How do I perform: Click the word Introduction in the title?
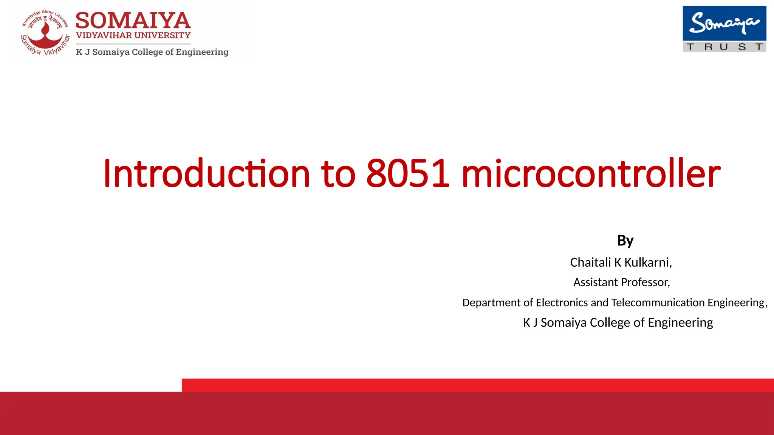click(206, 173)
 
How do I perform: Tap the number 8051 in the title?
click(408, 173)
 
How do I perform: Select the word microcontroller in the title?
click(591, 173)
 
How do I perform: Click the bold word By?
click(625, 241)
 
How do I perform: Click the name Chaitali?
click(590, 262)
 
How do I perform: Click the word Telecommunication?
click(658, 302)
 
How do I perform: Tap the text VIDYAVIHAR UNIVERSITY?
click(133, 35)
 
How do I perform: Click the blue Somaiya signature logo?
click(724, 23)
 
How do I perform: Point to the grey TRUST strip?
click(724, 47)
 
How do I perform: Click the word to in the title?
click(338, 173)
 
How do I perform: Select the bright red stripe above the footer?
click(478, 385)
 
